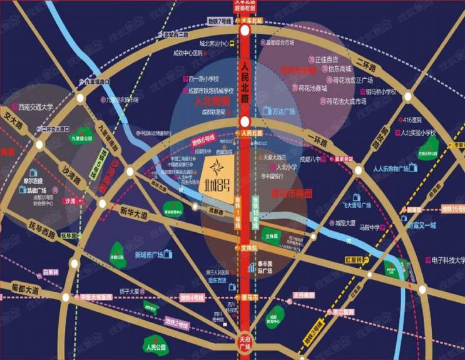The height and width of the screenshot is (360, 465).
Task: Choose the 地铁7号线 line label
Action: point(220,22)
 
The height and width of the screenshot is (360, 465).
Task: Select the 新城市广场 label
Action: point(148,254)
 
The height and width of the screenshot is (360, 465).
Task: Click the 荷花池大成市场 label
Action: point(343,101)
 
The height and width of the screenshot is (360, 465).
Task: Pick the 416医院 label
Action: point(412,120)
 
